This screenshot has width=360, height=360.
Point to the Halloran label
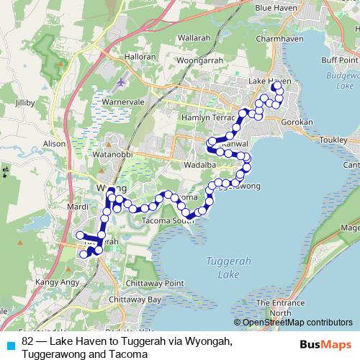[140, 55]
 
